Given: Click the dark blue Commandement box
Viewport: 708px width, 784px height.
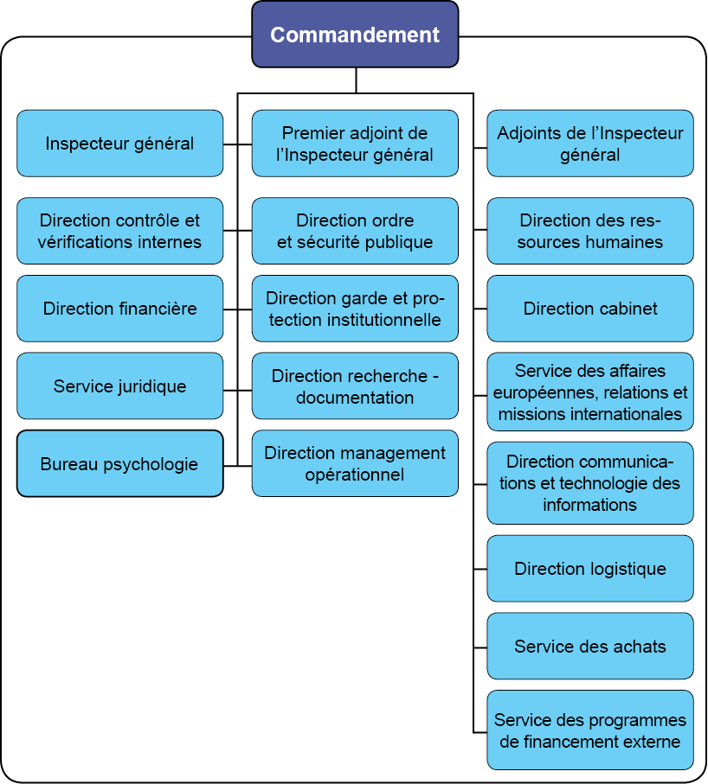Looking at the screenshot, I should (355, 35).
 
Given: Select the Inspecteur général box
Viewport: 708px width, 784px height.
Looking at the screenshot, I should (119, 143).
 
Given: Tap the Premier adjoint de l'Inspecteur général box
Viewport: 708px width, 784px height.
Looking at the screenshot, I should (355, 143).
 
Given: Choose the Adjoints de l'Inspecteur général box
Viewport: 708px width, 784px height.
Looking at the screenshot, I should (590, 143).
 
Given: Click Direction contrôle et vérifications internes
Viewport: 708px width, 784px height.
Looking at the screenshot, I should (119, 231).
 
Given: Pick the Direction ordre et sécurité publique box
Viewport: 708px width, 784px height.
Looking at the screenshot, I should (355, 231).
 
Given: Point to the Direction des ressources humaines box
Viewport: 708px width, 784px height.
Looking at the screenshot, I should (590, 231).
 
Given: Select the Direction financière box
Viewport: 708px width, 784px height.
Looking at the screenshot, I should (119, 309).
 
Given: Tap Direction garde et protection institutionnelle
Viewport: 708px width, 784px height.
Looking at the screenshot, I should (355, 309).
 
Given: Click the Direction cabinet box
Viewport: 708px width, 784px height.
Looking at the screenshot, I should (590, 309).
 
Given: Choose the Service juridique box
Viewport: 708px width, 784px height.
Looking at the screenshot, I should (119, 386).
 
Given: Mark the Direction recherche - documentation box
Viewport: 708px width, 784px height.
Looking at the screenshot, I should (355, 386).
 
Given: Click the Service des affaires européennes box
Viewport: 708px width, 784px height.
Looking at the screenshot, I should (590, 392).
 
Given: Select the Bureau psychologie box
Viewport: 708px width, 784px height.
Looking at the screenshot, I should (119, 464).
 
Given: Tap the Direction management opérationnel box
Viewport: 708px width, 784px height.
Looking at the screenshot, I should (355, 463).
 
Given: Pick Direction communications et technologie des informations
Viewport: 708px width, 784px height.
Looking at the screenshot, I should (590, 482).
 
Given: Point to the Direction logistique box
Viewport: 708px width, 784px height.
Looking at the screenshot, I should (590, 569).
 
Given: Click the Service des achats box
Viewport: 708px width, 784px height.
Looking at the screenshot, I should (590, 647).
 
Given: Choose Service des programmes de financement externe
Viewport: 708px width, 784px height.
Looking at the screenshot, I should (590, 730).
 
